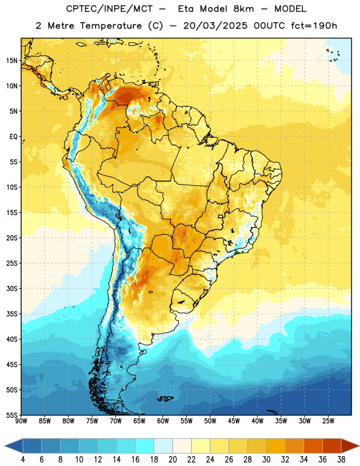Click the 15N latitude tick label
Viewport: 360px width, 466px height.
tap(12, 61)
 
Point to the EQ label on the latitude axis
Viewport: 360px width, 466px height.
tap(13, 137)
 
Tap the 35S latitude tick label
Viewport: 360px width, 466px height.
tap(12, 314)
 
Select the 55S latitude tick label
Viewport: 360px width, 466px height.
tap(12, 415)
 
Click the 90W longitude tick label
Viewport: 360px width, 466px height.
tap(21, 421)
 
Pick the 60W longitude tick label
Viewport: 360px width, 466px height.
tap(163, 421)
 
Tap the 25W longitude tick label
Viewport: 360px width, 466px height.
tap(328, 421)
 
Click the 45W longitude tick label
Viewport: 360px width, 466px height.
tap(234, 421)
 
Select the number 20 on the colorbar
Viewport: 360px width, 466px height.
tap(172, 460)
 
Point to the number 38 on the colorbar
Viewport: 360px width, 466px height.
tap(341, 460)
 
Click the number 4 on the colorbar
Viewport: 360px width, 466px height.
tap(23, 460)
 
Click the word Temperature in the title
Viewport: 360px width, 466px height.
tap(111, 26)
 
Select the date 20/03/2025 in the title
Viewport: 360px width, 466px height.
tap(215, 26)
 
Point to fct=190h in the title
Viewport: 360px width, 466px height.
tap(314, 26)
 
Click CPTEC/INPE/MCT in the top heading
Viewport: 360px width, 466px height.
tap(109, 9)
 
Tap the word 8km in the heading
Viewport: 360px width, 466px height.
tap(243, 9)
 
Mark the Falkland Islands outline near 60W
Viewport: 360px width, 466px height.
tap(165, 398)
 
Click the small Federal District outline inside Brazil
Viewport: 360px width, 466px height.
tap(221, 216)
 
